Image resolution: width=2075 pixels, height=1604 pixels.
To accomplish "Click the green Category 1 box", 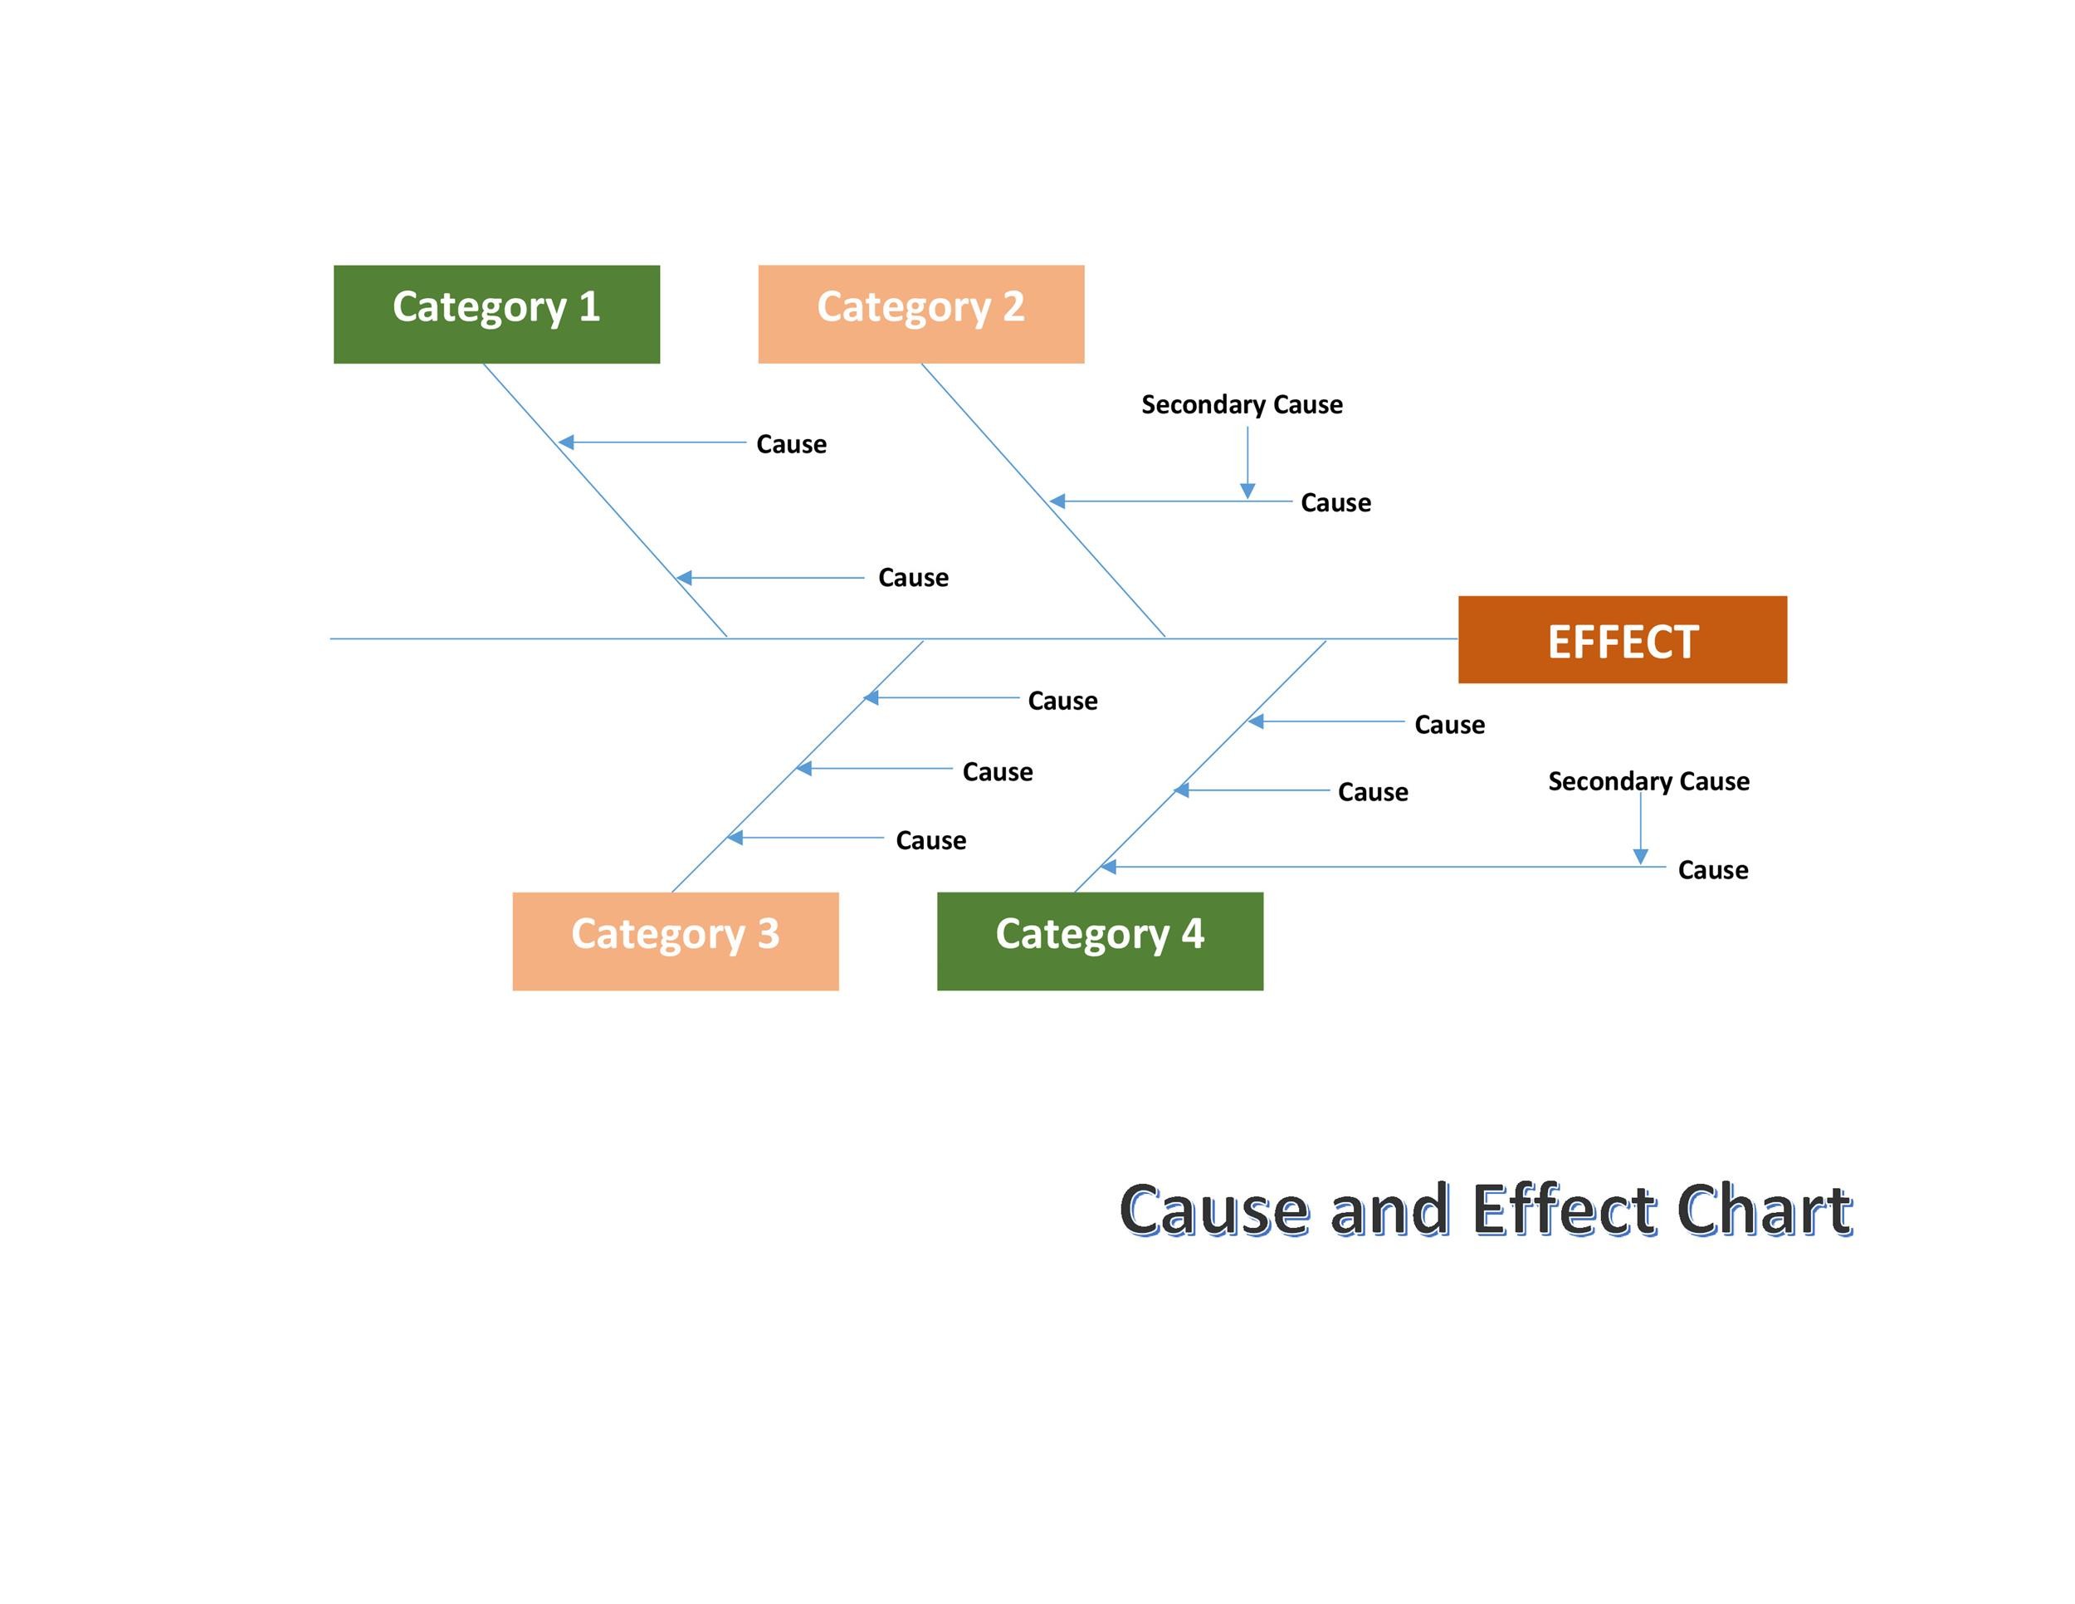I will click(x=496, y=314).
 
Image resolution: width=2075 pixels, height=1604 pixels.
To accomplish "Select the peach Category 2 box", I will click(x=920, y=314).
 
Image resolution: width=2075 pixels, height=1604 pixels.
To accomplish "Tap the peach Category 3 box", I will click(x=675, y=941).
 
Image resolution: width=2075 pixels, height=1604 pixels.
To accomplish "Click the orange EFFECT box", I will click(x=1622, y=639).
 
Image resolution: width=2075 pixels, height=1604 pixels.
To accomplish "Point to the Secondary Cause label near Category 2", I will click(x=1242, y=405).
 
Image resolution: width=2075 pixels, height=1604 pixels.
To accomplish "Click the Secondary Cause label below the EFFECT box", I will click(x=1648, y=781).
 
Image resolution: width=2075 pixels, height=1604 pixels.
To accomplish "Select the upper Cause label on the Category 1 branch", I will click(x=790, y=444).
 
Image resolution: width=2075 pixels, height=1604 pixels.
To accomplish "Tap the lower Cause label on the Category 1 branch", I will click(x=912, y=578).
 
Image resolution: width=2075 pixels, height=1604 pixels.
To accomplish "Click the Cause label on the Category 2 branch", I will click(x=1335, y=502).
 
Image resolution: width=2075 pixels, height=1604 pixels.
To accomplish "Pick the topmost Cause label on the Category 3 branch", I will click(x=1062, y=702).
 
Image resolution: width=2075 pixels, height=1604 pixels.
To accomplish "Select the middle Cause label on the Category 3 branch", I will click(x=997, y=771).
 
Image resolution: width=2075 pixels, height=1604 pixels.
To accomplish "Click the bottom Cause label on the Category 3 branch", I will click(x=930, y=840).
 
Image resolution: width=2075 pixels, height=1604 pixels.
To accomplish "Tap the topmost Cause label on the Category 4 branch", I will click(x=1449, y=725).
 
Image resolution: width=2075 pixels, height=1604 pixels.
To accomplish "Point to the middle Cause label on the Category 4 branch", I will click(x=1372, y=791).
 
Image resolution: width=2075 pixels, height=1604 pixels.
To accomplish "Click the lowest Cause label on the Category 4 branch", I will click(x=1712, y=869).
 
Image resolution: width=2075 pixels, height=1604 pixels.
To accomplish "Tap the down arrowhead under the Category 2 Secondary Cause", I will click(x=1247, y=491).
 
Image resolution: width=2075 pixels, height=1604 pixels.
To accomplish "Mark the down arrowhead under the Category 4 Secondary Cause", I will click(x=1640, y=857).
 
